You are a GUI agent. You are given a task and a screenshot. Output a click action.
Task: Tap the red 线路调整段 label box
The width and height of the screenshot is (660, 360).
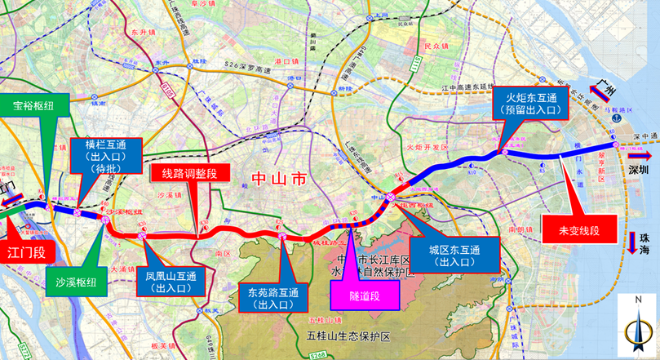tap(184, 173)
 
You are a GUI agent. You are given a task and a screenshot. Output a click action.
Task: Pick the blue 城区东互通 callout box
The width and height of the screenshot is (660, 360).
tap(444, 256)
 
